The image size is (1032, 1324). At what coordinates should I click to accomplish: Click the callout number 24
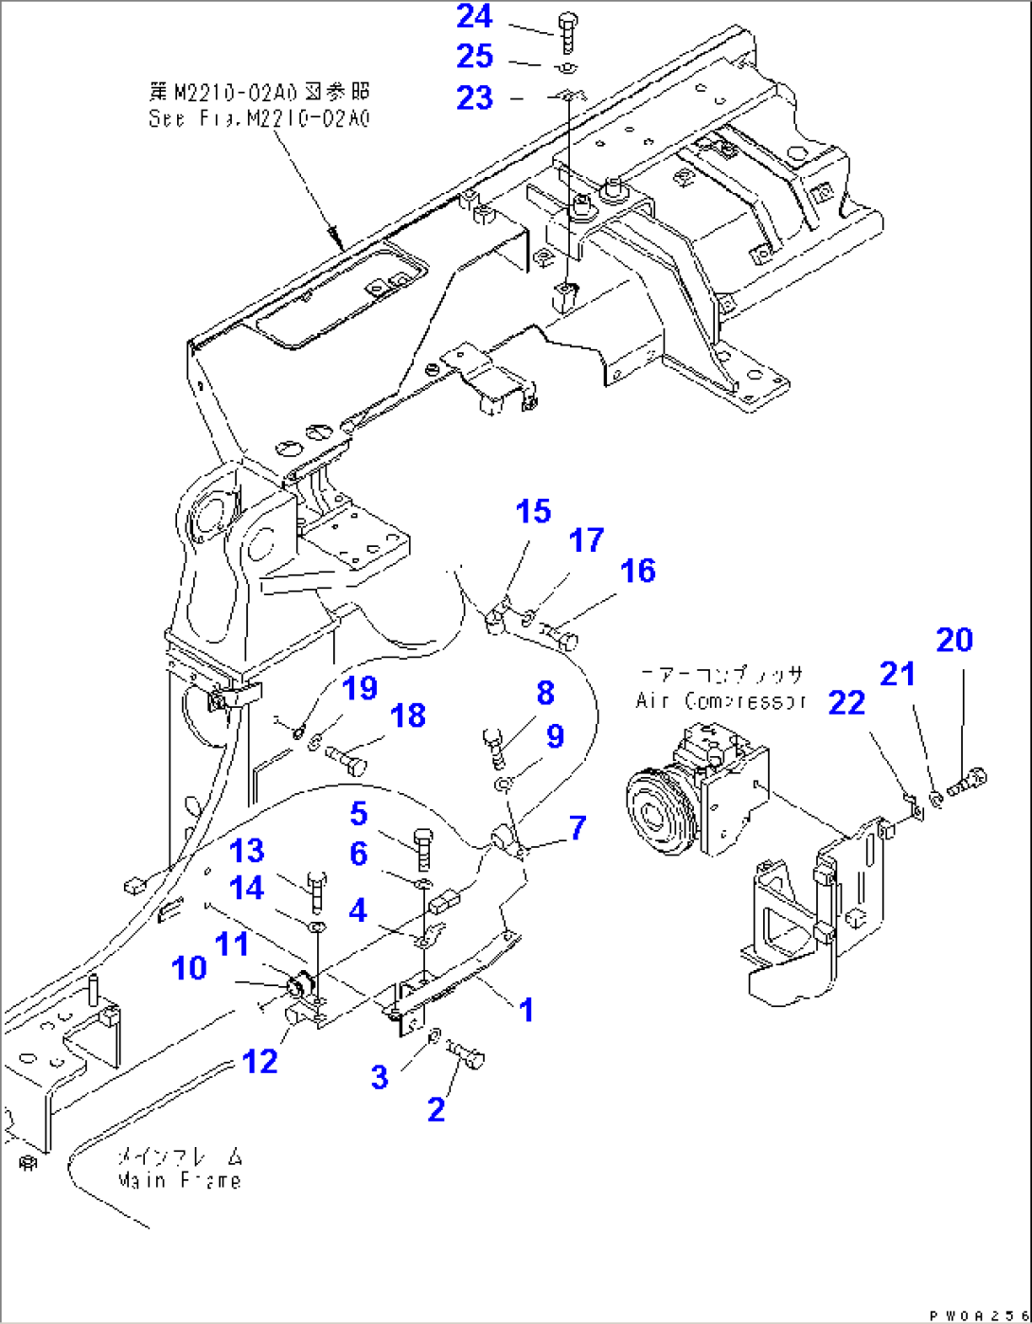(474, 16)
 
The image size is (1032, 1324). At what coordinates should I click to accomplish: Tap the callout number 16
(637, 571)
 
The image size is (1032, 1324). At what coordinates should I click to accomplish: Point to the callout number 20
(954, 640)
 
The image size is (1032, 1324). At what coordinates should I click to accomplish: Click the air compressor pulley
(652, 813)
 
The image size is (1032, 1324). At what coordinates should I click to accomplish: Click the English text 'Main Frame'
(179, 1180)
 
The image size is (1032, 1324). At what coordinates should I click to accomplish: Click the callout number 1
(526, 1010)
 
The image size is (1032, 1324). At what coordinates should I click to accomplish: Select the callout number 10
(189, 967)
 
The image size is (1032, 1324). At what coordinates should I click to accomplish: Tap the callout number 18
(408, 715)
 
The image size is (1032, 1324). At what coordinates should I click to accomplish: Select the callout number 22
(846, 702)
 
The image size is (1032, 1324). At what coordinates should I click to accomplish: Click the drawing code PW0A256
(978, 1315)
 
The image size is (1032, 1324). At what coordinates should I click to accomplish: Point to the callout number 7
(577, 827)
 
